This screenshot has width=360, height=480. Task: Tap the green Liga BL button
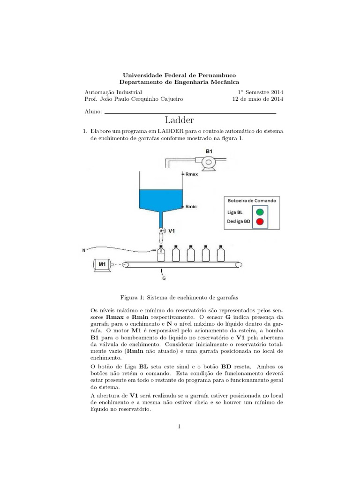259,212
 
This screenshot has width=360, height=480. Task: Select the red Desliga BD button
259,222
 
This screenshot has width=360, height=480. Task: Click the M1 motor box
102,265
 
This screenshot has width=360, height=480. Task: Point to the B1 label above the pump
209,151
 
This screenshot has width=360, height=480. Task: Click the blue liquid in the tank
160,199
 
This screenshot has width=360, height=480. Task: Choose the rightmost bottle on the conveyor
221,253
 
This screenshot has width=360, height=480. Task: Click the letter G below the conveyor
164,278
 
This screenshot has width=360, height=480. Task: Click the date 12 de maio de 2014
258,99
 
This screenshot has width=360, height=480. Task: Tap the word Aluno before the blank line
92,112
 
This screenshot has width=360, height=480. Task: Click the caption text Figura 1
133,297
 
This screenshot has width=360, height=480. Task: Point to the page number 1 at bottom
180,426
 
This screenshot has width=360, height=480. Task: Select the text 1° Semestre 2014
261,92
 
